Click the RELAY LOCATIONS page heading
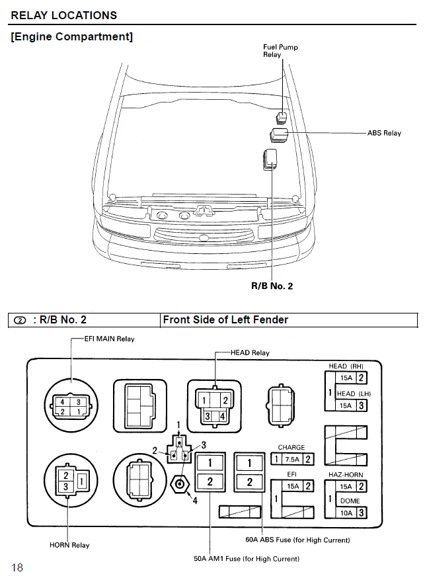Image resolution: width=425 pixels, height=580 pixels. coord(64,15)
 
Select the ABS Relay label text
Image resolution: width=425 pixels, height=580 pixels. coord(384,133)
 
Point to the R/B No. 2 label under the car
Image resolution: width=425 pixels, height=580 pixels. coord(271,286)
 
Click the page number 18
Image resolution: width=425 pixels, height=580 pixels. coord(17,567)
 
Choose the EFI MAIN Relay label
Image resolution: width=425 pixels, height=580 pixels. coord(109,339)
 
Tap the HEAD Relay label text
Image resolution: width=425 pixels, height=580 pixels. coord(250,352)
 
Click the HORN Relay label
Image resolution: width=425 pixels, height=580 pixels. coord(69,545)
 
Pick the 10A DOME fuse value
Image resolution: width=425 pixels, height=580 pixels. coord(346,513)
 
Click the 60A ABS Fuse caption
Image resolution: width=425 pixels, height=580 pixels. coord(297,540)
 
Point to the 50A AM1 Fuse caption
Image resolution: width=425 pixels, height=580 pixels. coord(247,559)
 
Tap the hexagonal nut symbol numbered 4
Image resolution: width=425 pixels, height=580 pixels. coord(178,483)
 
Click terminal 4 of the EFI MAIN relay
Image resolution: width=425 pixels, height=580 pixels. coord(62,401)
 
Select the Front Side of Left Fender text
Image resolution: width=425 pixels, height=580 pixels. coord(225,319)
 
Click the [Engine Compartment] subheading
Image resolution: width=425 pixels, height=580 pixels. coord(72,36)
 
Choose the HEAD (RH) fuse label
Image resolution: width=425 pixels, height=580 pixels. coord(346,366)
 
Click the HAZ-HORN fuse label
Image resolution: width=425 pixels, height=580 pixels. coord(346,475)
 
